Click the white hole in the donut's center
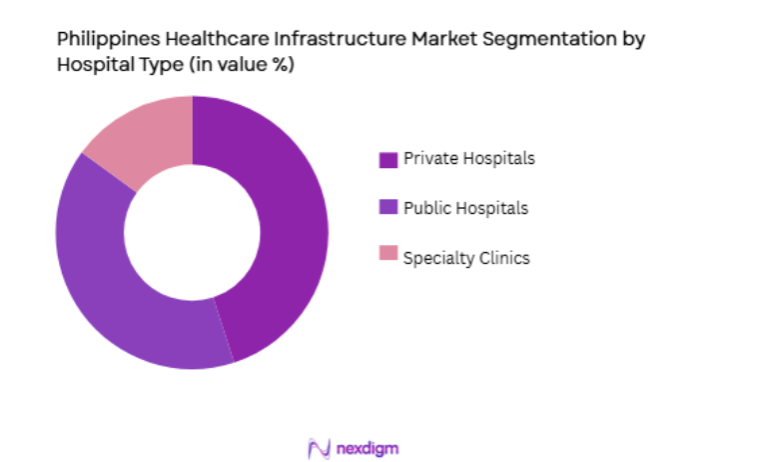(x=192, y=232)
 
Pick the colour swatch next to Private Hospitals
(x=387, y=159)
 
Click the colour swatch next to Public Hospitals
(x=387, y=208)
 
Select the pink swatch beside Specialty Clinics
(x=387, y=257)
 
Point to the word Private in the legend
(x=427, y=158)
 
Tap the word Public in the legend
(x=424, y=208)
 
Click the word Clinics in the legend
(x=503, y=258)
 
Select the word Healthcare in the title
(x=212, y=39)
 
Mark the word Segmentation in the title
(x=547, y=39)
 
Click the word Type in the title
(x=149, y=65)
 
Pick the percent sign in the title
(x=285, y=65)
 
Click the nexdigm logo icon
(x=319, y=448)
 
